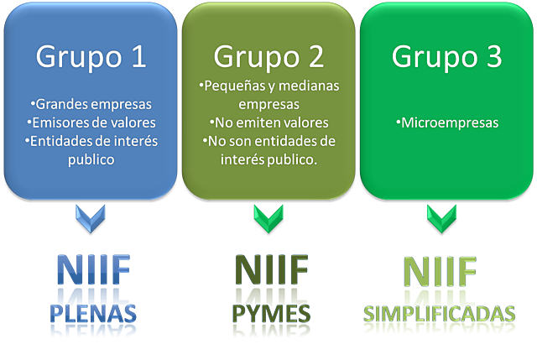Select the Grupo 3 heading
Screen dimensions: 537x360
click(x=446, y=57)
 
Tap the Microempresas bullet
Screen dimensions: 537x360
click(x=446, y=123)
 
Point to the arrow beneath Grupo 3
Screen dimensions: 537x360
click(x=441, y=218)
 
